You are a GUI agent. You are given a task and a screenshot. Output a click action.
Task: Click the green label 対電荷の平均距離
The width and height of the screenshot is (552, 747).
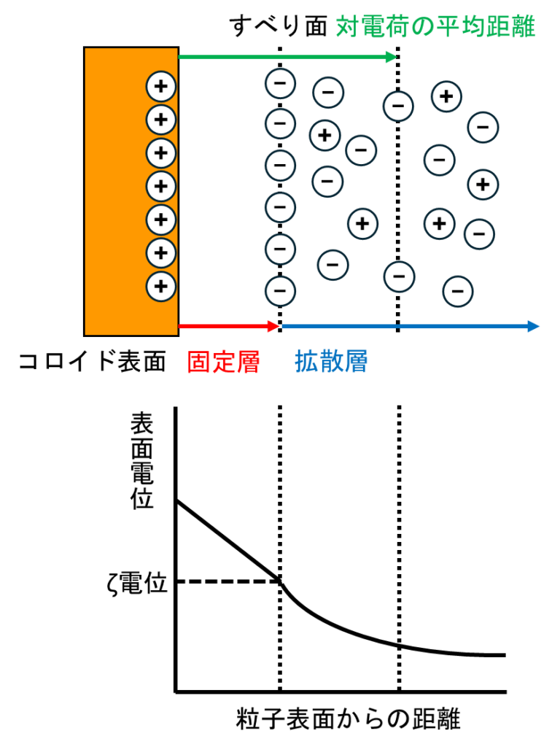pos(435,27)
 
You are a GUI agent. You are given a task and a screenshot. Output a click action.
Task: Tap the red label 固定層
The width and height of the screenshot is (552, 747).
pos(223,362)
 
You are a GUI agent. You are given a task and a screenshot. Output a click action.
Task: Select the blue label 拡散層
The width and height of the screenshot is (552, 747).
pos(331,361)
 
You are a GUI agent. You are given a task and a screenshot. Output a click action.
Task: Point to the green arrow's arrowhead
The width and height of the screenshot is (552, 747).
pos(392,57)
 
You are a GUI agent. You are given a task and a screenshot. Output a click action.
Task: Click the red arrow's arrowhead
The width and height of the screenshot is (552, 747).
pos(274,326)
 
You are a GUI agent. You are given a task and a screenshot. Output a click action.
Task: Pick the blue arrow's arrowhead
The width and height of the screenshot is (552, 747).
pos(534,326)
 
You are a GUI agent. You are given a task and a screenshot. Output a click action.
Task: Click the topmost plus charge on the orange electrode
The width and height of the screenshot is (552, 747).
pos(161,86)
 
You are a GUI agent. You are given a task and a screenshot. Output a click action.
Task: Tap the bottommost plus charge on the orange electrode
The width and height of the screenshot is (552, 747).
pos(161,287)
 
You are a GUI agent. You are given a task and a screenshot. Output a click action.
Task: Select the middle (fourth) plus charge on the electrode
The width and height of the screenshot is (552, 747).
pos(161,186)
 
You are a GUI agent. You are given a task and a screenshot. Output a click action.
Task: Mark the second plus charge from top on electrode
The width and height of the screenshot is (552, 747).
pos(161,120)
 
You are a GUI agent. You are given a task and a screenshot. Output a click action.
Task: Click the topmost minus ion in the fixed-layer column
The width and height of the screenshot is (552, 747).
pos(280,83)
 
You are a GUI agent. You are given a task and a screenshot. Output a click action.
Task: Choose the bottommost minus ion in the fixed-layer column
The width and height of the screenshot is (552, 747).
pos(280,291)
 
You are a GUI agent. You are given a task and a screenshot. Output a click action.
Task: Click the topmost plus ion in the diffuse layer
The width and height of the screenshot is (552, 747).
pos(446,96)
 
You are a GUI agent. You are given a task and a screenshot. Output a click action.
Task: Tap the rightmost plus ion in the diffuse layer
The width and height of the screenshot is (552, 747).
pos(483,185)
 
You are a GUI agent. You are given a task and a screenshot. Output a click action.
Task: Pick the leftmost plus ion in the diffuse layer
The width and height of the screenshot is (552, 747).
pos(325,136)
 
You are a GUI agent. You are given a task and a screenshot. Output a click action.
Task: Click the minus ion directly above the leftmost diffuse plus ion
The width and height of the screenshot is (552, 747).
pos(328,93)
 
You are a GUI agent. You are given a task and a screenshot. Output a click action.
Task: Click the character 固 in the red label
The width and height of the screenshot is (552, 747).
pos(199,362)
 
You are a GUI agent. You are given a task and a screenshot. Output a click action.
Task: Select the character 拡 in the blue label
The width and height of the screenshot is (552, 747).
pos(307,361)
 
